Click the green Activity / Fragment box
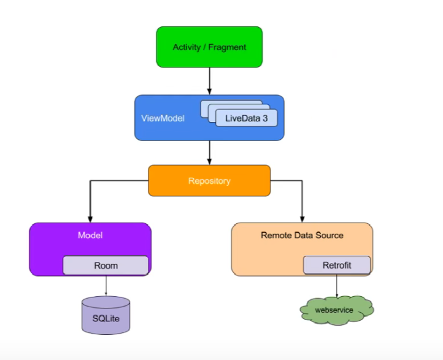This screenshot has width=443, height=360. [x=209, y=47]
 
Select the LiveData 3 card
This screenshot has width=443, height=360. [x=246, y=118]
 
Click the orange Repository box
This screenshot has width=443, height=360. [x=209, y=181]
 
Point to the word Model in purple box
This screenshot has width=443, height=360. [x=90, y=235]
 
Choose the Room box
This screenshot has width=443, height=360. [x=106, y=266]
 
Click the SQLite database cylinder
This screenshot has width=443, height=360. [x=106, y=315]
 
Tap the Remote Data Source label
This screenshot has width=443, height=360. [x=302, y=235]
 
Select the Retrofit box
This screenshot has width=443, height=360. [x=337, y=266]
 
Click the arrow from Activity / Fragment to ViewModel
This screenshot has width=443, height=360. [x=209, y=80]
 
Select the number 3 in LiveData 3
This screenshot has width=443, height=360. [x=265, y=118]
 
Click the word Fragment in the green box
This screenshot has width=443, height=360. [x=228, y=47]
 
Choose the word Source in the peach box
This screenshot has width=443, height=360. [x=329, y=235]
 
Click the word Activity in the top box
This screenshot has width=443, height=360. [x=186, y=47]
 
